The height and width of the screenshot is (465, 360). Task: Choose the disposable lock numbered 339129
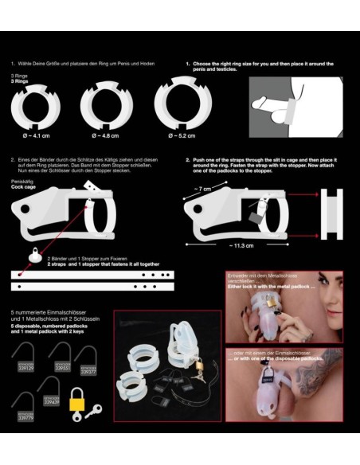25,367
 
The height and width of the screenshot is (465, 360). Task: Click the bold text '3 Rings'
19,80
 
